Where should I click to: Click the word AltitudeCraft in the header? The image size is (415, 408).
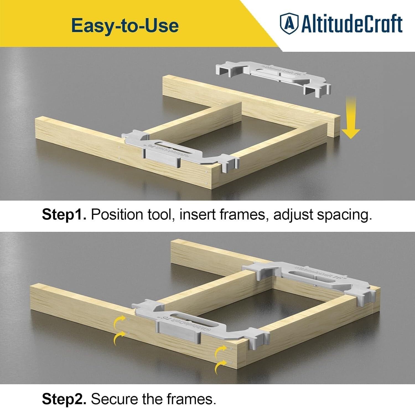click(352, 24)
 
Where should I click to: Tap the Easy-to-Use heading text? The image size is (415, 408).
click(125, 25)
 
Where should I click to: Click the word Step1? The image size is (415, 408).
click(64, 214)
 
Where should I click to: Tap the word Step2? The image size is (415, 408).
click(64, 399)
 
